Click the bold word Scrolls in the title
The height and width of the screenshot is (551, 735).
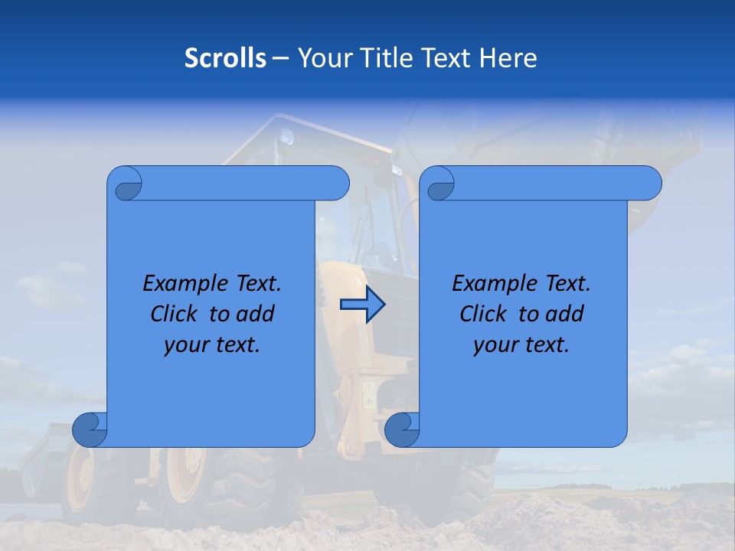225,58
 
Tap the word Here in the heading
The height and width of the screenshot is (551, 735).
508,58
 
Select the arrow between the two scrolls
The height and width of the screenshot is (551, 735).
362,305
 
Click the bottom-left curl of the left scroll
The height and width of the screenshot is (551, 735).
90,429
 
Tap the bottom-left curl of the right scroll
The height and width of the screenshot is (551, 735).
402,429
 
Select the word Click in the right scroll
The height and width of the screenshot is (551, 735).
482,315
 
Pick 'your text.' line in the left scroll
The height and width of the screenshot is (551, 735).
212,345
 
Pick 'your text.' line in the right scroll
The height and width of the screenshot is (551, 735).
521,345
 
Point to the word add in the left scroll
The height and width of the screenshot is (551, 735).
256,315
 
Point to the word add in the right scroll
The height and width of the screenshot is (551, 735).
565,315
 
